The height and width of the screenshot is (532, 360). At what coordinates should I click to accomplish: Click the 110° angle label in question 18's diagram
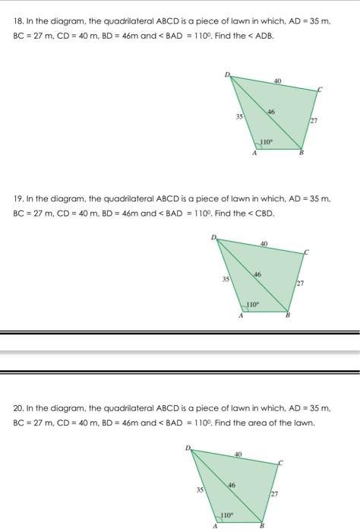point(266,141)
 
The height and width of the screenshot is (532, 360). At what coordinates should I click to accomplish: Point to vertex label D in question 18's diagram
point(226,74)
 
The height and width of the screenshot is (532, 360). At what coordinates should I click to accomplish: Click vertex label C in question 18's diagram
point(320,90)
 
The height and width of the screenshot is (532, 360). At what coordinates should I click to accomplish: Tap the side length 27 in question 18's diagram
point(313,120)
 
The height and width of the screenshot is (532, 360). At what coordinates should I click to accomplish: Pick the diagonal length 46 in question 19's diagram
point(257,275)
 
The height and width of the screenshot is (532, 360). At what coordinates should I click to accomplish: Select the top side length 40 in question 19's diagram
point(264,244)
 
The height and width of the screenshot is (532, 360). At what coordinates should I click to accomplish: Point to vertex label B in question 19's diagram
point(287,317)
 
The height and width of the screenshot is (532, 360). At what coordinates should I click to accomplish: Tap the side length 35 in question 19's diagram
point(226,280)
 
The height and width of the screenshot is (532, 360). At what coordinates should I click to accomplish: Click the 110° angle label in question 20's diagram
point(226,514)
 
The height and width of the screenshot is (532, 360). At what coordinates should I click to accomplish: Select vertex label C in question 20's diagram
point(279,461)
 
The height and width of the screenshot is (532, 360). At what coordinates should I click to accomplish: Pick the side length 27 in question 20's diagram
point(273,493)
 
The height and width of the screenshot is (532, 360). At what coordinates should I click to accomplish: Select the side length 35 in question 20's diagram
point(201,491)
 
